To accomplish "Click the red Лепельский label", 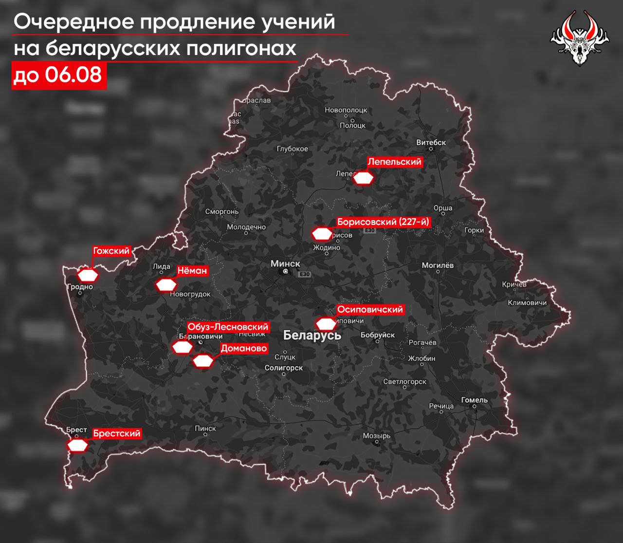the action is click(394, 162).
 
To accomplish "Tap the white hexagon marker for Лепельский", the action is click(363, 178).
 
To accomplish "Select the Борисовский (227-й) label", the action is click(384, 222).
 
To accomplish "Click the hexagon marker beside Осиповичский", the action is click(326, 324).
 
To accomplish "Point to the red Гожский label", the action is click(111, 251).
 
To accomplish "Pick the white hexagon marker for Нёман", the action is click(166, 285).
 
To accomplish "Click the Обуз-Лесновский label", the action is click(228, 327).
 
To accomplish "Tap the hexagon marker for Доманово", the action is click(203, 361).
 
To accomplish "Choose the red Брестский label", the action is click(116, 433).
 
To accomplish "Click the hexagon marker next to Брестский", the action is click(78, 445).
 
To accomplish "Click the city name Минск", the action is click(285, 263).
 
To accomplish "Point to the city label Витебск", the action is click(431, 143).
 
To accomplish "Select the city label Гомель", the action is click(474, 400).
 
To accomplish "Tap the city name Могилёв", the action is click(437, 265).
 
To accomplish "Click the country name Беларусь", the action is click(312, 335).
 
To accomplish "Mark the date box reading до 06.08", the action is click(58, 75).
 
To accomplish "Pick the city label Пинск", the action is click(205, 428).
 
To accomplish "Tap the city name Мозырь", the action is click(376, 435).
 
